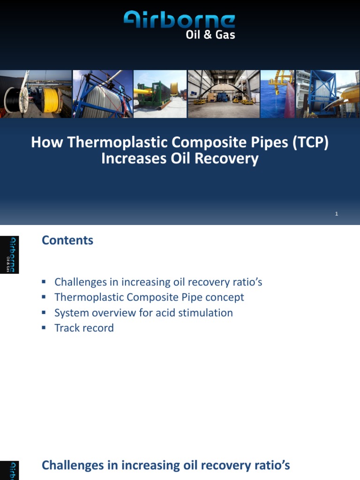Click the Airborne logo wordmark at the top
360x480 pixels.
(180, 20)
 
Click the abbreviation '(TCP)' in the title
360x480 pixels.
(310, 142)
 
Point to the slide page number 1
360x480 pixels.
(337, 214)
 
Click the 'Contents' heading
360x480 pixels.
(67, 240)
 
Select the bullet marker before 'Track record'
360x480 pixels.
(44, 328)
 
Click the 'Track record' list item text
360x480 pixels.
(84, 328)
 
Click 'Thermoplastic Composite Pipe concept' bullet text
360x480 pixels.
(149, 297)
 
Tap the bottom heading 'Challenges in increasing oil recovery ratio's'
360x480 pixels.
(166, 465)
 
